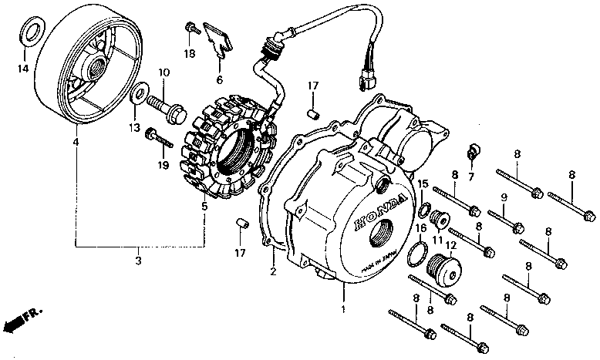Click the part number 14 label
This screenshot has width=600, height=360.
click(x=22, y=69)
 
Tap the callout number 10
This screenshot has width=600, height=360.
click(x=163, y=72)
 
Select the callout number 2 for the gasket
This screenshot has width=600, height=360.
click(x=272, y=271)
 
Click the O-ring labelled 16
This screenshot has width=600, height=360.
click(x=417, y=251)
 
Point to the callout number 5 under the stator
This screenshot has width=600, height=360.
click(x=204, y=206)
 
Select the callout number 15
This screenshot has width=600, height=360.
click(x=423, y=183)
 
